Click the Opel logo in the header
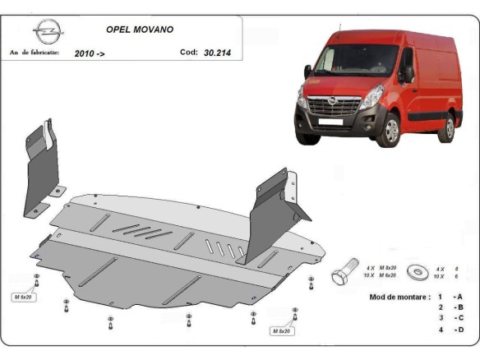[x=47, y=33]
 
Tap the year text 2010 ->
[x=90, y=53]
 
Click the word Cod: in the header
[x=188, y=53]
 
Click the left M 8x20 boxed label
[x=23, y=296]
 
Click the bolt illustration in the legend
[x=344, y=274]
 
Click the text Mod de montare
[x=399, y=297]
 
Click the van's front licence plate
[x=330, y=124]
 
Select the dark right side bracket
[x=270, y=214]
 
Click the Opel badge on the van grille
[x=332, y=100]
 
